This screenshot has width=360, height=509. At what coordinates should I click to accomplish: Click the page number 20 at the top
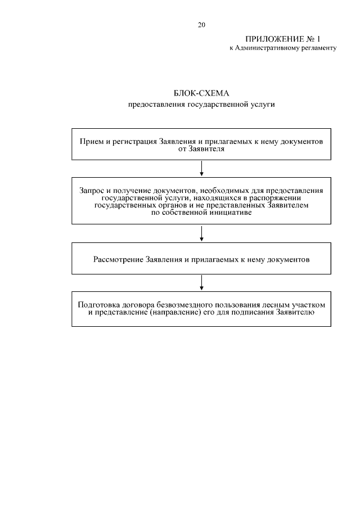pyautogui.click(x=201, y=25)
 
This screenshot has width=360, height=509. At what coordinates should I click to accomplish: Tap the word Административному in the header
pyautogui.click(x=269, y=48)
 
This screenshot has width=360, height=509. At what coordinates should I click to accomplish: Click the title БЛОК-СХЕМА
pyautogui.click(x=201, y=93)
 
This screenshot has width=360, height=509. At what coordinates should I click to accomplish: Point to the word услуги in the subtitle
pyautogui.click(x=263, y=104)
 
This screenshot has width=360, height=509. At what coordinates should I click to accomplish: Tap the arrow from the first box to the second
pyautogui.click(x=201, y=168)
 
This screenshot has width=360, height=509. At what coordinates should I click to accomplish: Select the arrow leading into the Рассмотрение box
pyautogui.click(x=201, y=234)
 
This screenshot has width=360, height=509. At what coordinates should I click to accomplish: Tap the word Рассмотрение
pyautogui.click(x=118, y=259)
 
